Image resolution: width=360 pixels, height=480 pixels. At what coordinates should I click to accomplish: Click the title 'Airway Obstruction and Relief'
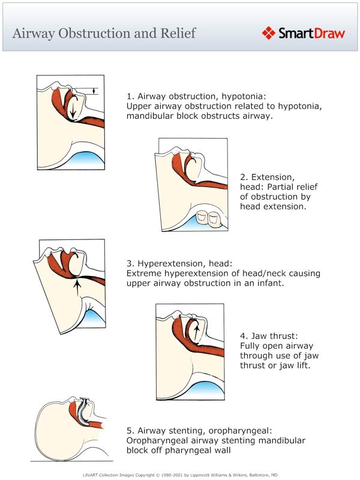104,33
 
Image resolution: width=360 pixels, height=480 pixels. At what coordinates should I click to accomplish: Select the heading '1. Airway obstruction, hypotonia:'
196,96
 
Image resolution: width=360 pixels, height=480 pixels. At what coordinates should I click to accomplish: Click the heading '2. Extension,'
267,177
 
